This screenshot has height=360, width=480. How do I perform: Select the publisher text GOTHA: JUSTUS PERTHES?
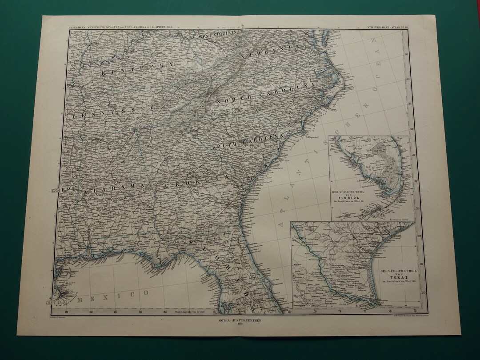pos(240,319)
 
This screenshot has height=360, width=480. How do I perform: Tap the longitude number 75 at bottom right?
pos(415,310)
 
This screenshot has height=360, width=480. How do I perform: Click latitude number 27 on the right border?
pos(423,292)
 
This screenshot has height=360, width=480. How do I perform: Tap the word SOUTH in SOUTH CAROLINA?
pos(226,145)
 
